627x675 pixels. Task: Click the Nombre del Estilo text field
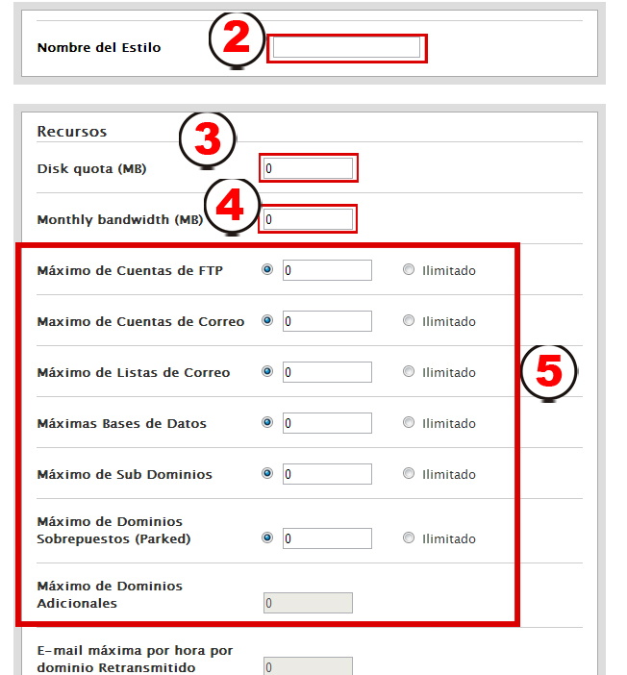(346, 47)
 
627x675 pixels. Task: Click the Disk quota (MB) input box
(308, 168)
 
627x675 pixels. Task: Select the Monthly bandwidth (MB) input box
(308, 219)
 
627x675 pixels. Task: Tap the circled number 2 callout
(237, 39)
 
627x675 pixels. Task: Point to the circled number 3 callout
(208, 139)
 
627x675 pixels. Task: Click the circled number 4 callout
(232, 206)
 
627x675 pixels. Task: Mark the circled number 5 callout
(548, 372)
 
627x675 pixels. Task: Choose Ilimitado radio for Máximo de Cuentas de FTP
(409, 270)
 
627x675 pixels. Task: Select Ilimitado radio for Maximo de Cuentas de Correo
(409, 321)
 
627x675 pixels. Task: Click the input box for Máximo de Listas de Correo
(327, 372)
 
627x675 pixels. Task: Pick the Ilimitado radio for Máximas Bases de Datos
(409, 423)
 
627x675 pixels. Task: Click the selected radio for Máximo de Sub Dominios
(267, 473)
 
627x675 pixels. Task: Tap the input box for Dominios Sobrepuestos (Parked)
(327, 538)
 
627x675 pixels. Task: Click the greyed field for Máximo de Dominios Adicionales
(308, 603)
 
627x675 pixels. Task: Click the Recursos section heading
(72, 132)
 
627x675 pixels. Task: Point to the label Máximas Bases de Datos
(122, 424)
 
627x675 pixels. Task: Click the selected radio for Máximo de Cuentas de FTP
(267, 269)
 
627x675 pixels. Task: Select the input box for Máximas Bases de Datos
(327, 423)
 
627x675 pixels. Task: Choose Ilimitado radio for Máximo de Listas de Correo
(409, 371)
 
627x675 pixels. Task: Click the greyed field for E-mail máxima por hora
(308, 666)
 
